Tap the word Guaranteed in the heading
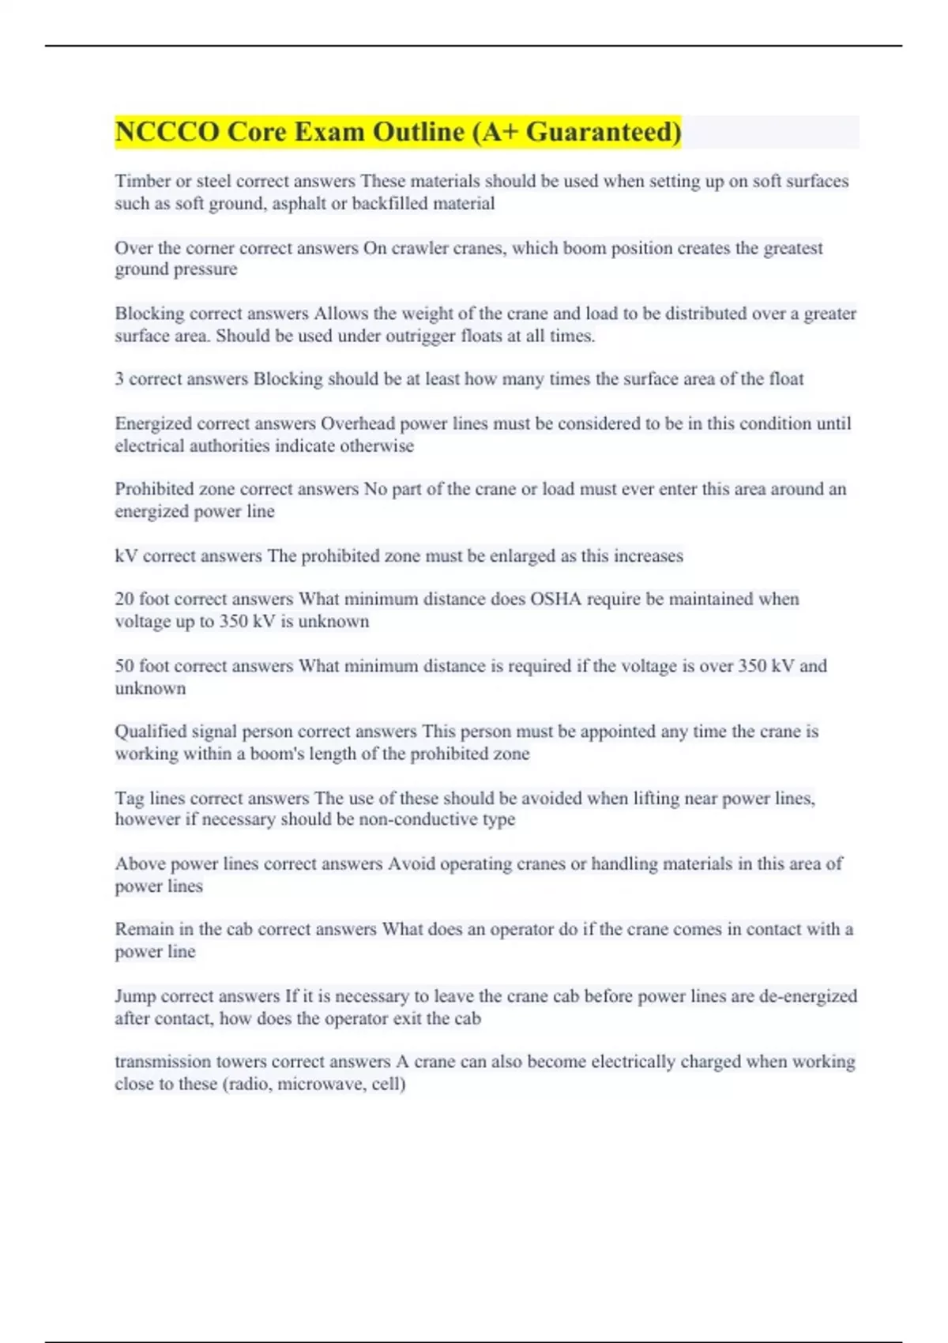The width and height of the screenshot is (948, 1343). coord(603,132)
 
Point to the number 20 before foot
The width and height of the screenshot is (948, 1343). coord(125,599)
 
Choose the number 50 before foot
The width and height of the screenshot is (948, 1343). coord(125,666)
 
